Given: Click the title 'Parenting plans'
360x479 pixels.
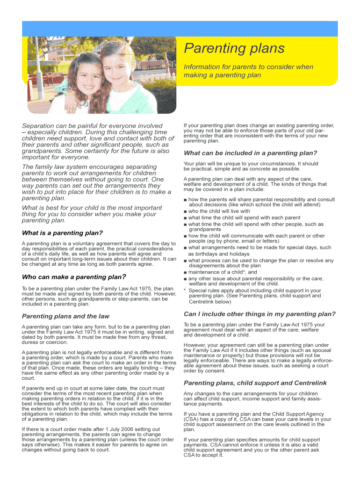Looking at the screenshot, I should click(234, 48).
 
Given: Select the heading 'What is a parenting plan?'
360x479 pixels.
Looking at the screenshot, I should click(62, 233).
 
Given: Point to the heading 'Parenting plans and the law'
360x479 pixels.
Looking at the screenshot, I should click(65, 316).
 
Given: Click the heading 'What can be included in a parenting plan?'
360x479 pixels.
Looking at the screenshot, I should click(251, 153).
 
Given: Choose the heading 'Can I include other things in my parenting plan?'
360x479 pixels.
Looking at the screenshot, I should click(259, 313).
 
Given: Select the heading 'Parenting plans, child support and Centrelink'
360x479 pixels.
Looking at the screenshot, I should click(255, 383).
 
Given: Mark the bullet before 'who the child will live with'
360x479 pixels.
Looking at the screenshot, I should click(186, 211).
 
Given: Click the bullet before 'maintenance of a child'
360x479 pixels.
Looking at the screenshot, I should click(186, 272).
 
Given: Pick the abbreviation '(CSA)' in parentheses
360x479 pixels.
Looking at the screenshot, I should click(191, 420).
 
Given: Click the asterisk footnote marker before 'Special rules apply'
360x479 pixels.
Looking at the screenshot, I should click(185, 290).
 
